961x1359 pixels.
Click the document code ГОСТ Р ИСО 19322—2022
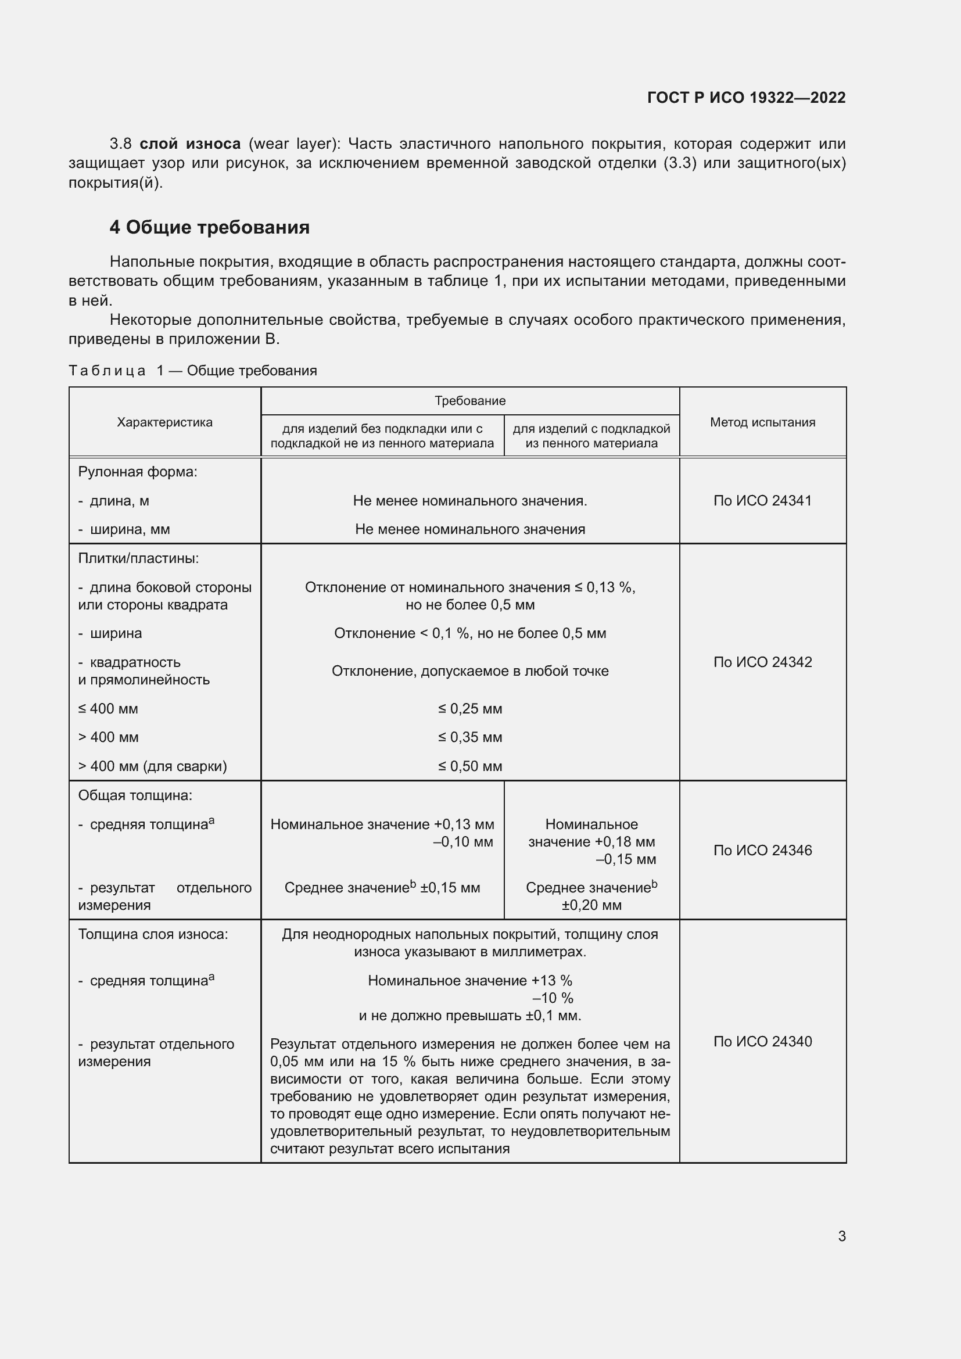pyautogui.click(x=746, y=98)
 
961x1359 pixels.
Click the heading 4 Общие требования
pyautogui.click(x=210, y=227)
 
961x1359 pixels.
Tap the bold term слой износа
pyautogui.click(x=190, y=144)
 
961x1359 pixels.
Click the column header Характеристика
pyautogui.click(x=164, y=422)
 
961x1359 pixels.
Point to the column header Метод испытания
pyautogui.click(x=762, y=422)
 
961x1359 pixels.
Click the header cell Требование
pyautogui.click(x=470, y=401)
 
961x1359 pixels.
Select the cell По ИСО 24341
pyautogui.click(x=762, y=501)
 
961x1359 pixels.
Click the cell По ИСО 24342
pyautogui.click(x=762, y=662)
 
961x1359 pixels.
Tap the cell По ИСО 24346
pyautogui.click(x=762, y=850)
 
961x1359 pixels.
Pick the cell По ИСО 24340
pyautogui.click(x=762, y=1041)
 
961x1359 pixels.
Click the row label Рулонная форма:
pyautogui.click(x=137, y=472)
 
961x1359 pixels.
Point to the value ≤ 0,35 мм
pyautogui.click(x=470, y=737)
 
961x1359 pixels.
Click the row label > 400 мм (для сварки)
pyautogui.click(x=152, y=766)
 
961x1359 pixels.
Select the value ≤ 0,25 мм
pyautogui.click(x=470, y=708)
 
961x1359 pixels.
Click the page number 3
pyautogui.click(x=841, y=1236)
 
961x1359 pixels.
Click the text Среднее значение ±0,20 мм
pyautogui.click(x=591, y=895)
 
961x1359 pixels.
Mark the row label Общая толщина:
pyautogui.click(x=135, y=795)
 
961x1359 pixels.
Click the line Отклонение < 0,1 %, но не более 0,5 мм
pyautogui.click(x=470, y=633)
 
